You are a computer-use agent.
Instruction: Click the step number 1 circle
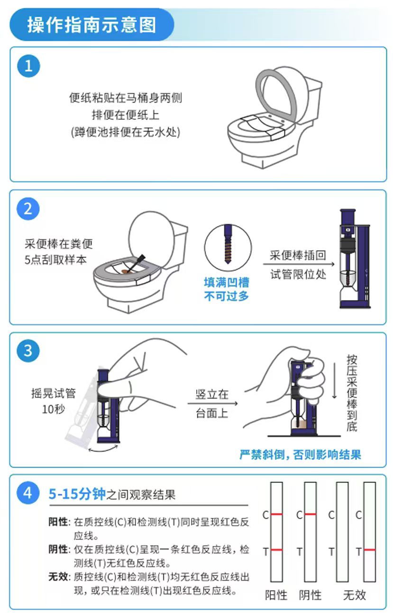(x=28, y=66)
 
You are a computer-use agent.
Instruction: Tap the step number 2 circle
(x=28, y=209)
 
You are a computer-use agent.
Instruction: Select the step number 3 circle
(x=28, y=350)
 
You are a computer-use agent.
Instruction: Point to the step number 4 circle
(x=28, y=493)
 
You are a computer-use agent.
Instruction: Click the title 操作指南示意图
(x=91, y=25)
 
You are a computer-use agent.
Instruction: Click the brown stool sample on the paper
(x=126, y=272)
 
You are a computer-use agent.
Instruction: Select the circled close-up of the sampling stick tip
(x=228, y=248)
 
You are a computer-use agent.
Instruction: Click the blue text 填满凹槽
(x=227, y=283)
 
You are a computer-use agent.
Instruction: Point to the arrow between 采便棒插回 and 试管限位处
(x=299, y=264)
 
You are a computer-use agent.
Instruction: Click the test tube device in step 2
(x=355, y=259)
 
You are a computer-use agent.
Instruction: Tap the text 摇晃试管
(x=53, y=393)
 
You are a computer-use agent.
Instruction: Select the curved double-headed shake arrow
(x=103, y=449)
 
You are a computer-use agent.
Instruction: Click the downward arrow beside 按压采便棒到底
(x=334, y=381)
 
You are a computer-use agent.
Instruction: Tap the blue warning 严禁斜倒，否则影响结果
(x=301, y=454)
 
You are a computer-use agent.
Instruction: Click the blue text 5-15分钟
(x=77, y=494)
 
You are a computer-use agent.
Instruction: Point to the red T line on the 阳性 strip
(x=276, y=550)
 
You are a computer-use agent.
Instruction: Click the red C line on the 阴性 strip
(x=311, y=514)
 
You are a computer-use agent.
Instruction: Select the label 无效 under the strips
(x=355, y=595)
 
